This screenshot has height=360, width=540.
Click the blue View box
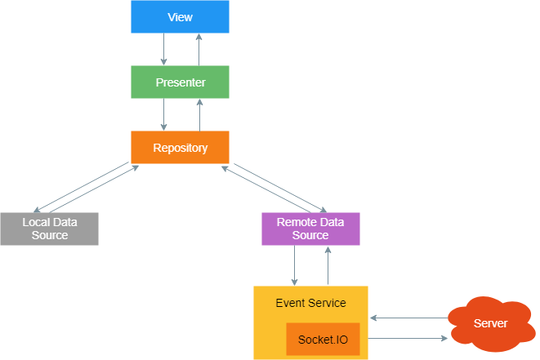tap(180, 17)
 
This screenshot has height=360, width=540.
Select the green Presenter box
tap(180, 82)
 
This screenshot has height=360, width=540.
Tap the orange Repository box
tap(180, 148)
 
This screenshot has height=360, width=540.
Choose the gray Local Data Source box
tap(49, 229)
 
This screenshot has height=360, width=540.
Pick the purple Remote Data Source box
tap(310, 229)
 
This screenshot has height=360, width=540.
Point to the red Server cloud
tap(490, 324)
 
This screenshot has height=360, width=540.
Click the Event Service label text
tap(310, 303)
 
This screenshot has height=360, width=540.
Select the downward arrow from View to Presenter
tap(164, 50)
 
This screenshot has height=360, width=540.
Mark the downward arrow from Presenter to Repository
tap(164, 115)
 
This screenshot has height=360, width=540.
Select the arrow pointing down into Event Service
tap(295, 265)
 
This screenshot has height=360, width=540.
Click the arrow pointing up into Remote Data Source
tap(328, 265)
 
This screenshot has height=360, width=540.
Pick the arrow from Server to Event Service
tap(408, 318)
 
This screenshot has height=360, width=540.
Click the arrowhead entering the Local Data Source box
tap(38, 210)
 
